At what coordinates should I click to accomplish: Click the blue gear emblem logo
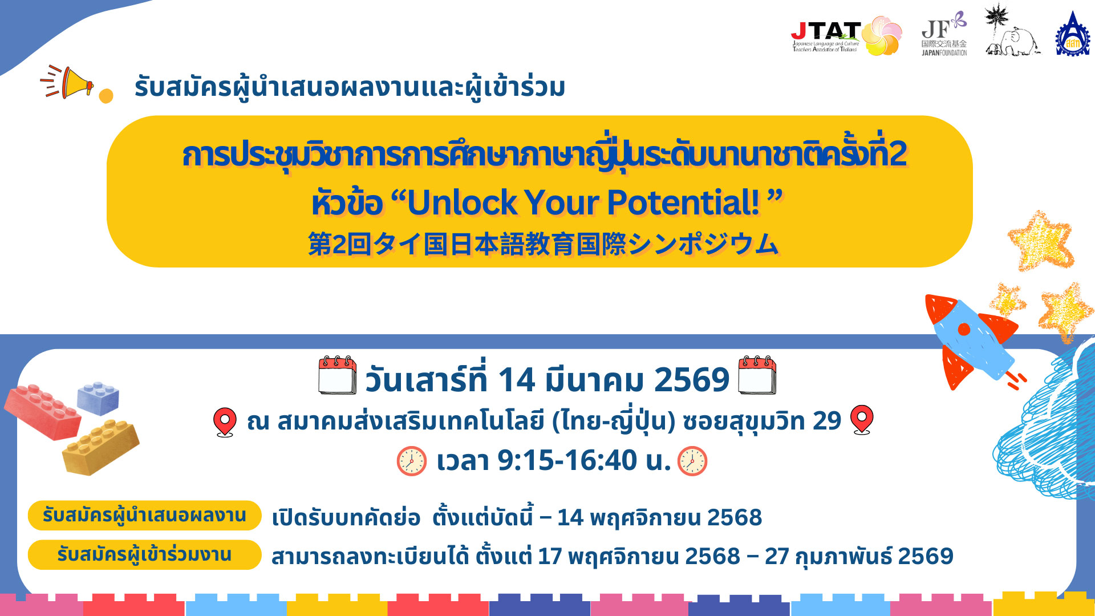coord(1072,34)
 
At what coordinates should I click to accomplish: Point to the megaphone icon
coord(68,82)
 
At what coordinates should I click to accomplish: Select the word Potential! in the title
coord(683,202)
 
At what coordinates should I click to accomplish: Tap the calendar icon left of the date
coord(338,375)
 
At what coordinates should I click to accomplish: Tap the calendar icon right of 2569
coord(757,375)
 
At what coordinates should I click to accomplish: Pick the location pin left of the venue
coord(225,422)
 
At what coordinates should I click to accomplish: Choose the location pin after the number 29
coord(862,420)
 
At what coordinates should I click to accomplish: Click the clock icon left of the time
coord(412,461)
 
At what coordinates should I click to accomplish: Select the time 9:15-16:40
coord(567,460)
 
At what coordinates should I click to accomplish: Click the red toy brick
coord(43,411)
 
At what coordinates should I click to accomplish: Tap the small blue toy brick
coord(98,397)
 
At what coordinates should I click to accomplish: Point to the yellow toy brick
coord(100,447)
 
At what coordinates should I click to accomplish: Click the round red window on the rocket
coord(964,329)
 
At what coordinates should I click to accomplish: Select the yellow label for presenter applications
coord(144,516)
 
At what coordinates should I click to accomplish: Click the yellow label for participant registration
coord(144,554)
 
